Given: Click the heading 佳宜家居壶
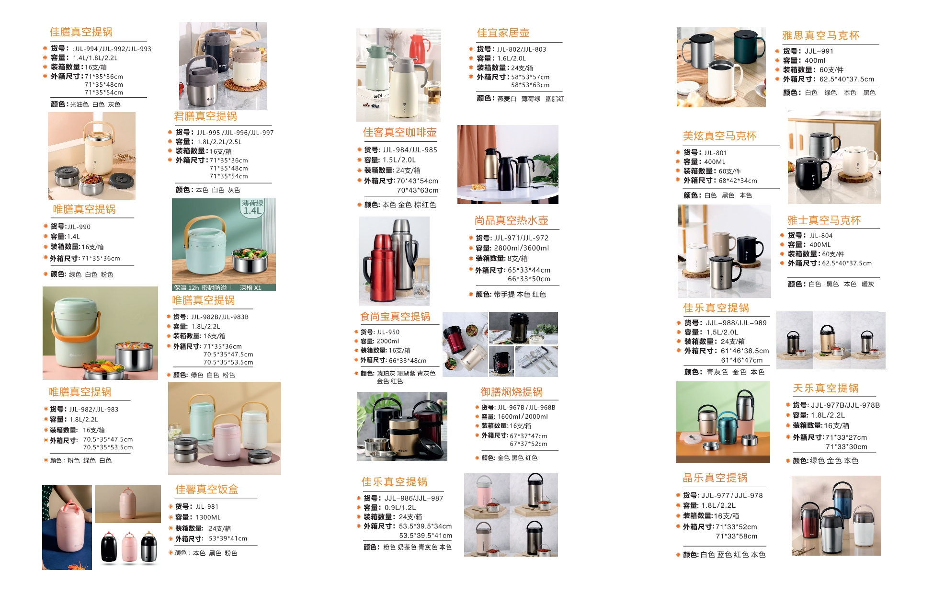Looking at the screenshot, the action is pyautogui.click(x=503, y=33).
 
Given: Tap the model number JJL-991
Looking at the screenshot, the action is pyautogui.click(x=819, y=51).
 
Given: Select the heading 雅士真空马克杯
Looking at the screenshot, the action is pyautogui.click(x=824, y=220).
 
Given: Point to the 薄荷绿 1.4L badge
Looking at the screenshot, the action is pyautogui.click(x=253, y=207).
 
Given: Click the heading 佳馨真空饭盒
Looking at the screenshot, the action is pyautogui.click(x=206, y=489).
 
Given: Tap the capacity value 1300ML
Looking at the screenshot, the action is pyautogui.click(x=208, y=517).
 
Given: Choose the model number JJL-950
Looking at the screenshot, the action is pyautogui.click(x=387, y=331).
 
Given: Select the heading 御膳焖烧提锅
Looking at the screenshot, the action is pyautogui.click(x=512, y=392).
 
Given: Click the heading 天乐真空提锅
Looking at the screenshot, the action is pyautogui.click(x=826, y=388).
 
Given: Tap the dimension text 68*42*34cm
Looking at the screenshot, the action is pyautogui.click(x=738, y=181).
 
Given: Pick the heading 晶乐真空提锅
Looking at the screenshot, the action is pyautogui.click(x=715, y=478).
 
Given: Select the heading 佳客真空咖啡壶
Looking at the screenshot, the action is pyautogui.click(x=399, y=132).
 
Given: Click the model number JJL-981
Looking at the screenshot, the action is pyautogui.click(x=207, y=506).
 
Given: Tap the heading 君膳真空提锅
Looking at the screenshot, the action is pyautogui.click(x=205, y=116).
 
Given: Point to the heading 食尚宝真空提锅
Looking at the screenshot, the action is pyautogui.click(x=395, y=316).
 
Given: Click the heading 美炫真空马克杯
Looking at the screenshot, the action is pyautogui.click(x=719, y=136).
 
